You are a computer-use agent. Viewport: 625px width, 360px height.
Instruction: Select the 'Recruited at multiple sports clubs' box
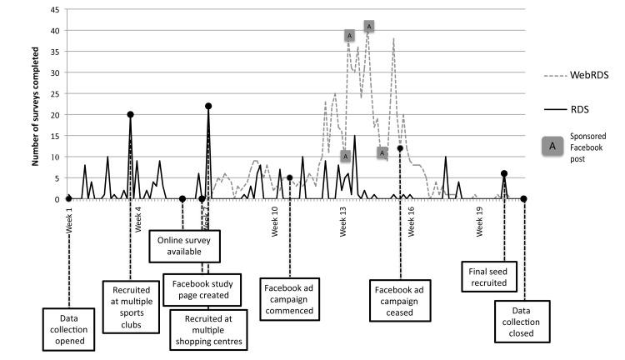[x=130, y=304]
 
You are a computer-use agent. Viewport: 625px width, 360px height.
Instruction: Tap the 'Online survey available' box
[x=182, y=246]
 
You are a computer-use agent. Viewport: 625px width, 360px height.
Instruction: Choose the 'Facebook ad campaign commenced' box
[x=288, y=298]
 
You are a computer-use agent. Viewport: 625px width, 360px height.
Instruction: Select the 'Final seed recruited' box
[x=491, y=275]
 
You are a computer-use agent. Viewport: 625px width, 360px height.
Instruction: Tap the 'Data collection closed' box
[x=522, y=321]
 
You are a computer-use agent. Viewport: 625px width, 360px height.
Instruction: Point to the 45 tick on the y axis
[x=54, y=10]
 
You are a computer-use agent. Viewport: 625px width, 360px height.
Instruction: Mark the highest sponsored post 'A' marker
[x=369, y=26]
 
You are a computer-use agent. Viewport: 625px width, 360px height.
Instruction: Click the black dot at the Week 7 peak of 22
[x=208, y=106]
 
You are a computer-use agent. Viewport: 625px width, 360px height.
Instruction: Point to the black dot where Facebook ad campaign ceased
[x=401, y=148]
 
